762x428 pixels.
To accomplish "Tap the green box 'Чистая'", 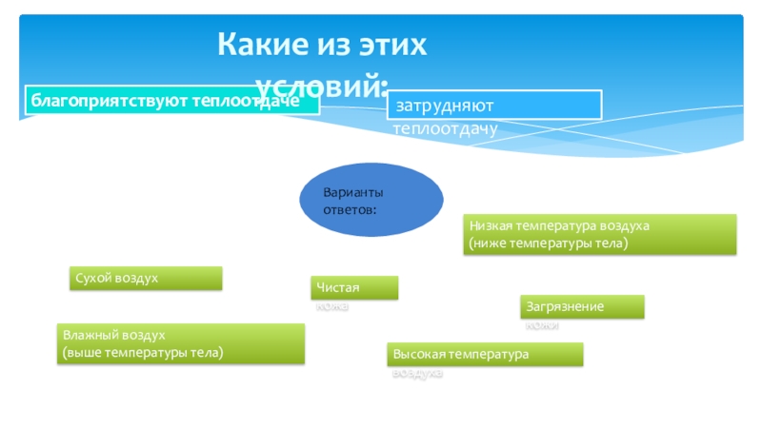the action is (354, 287).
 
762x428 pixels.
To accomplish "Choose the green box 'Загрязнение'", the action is (582, 306).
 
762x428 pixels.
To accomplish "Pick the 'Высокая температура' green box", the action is (485, 355).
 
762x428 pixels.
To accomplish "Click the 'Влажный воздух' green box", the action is (181, 343).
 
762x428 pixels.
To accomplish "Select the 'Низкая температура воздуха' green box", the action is (601, 234).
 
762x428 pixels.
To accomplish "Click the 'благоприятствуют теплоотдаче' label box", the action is (171, 100).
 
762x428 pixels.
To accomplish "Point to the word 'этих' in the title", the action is (390, 45).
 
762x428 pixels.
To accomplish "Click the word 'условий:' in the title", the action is (324, 86).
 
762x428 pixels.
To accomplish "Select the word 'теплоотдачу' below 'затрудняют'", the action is (446, 126).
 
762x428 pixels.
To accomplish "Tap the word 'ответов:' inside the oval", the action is (350, 207).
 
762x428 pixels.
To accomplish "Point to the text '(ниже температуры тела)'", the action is (548, 243).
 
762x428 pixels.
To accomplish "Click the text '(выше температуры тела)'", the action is (143, 353).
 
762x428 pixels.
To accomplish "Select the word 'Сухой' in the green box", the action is (92, 278).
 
